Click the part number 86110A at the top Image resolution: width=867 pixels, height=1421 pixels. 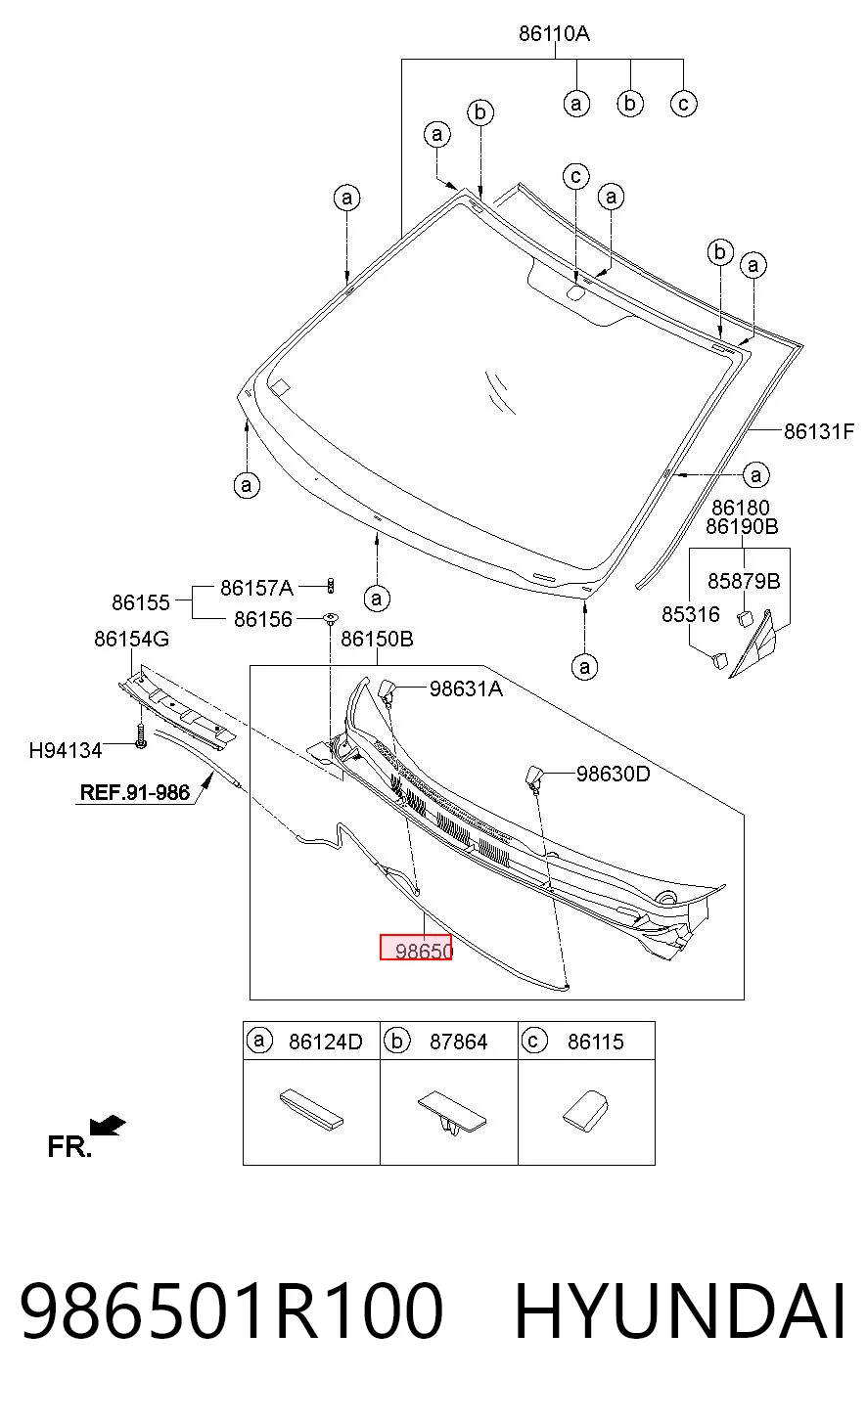pos(554,33)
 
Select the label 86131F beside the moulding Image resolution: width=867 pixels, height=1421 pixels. pos(819,431)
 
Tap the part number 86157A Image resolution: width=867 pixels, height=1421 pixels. pos(256,588)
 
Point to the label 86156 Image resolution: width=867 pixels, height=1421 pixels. pos(263,619)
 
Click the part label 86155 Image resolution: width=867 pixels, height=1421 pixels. pos(141,602)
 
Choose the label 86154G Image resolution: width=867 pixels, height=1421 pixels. pos(132,639)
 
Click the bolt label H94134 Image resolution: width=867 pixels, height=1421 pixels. pos(66,750)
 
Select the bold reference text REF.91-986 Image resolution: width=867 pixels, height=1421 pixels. pos(135,792)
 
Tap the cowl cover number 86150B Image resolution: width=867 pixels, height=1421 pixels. pos(377,639)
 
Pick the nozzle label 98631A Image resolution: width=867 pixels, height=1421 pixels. pos(466,688)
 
